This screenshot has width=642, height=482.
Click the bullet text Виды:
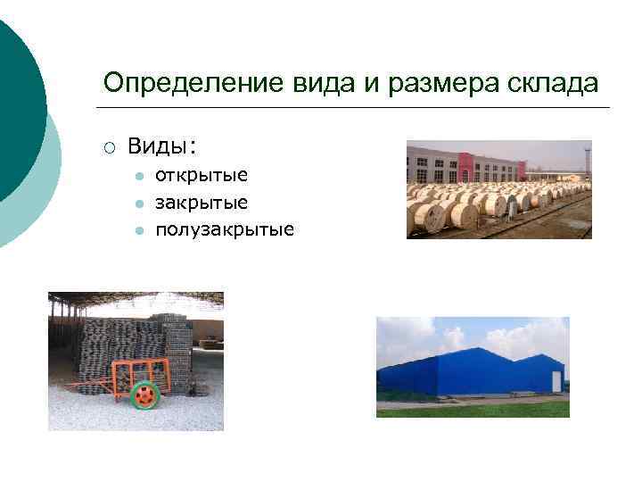pos(162,145)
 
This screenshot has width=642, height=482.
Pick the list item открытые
pos(202,175)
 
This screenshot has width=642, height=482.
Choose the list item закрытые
pos(202,203)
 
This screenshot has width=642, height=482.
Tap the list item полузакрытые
pos(224,230)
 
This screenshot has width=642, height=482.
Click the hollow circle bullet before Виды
pos(108,146)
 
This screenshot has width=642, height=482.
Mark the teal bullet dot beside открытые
pos(139,176)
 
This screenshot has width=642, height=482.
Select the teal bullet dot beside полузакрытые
pos(139,231)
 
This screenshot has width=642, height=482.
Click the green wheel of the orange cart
pos(144,395)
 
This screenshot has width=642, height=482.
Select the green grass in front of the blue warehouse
pos(473,410)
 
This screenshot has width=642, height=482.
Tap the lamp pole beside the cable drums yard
pos(586,161)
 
